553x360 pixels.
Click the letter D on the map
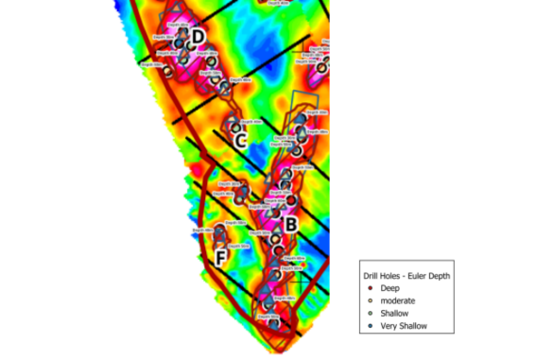point(198,37)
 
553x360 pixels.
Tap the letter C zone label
point(240,142)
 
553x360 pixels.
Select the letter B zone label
point(291,225)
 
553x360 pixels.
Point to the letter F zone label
point(220,258)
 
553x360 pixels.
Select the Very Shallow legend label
point(405,326)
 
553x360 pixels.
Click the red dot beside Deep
point(372,286)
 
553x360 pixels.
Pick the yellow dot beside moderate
point(372,300)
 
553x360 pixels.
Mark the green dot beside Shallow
point(372,313)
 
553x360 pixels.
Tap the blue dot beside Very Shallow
point(372,326)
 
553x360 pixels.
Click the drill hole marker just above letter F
point(219,231)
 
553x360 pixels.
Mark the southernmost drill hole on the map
point(273,323)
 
